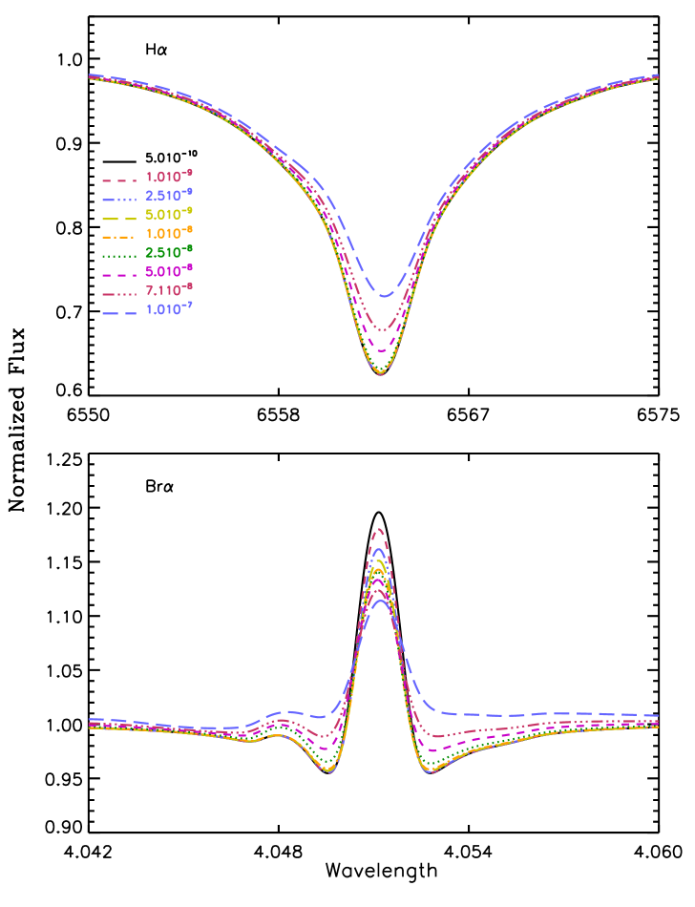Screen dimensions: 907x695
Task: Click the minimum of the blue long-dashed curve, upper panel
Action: tap(384, 296)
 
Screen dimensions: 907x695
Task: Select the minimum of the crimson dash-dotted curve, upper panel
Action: tap(383, 330)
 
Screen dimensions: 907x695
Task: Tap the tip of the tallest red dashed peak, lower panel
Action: tap(380, 528)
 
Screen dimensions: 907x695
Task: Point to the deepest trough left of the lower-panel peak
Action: tap(328, 770)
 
